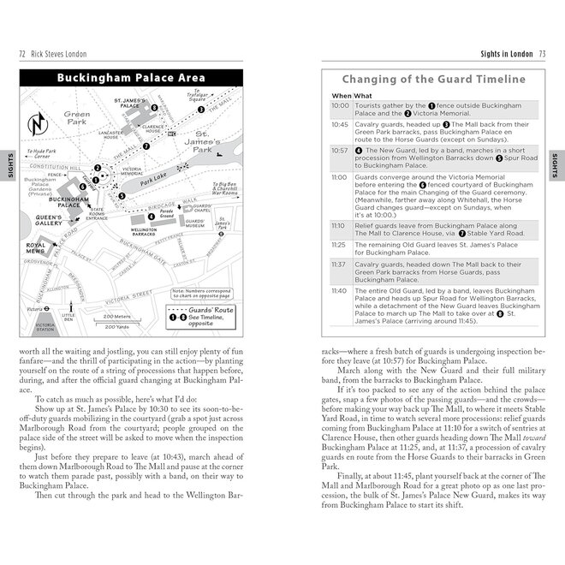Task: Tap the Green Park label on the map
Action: click(76, 118)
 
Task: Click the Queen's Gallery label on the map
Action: click(48, 222)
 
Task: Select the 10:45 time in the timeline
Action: click(340, 124)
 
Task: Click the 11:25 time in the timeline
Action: click(340, 244)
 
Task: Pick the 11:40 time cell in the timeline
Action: click(340, 292)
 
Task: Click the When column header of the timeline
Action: click(341, 95)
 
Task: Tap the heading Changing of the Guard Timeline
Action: click(435, 79)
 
